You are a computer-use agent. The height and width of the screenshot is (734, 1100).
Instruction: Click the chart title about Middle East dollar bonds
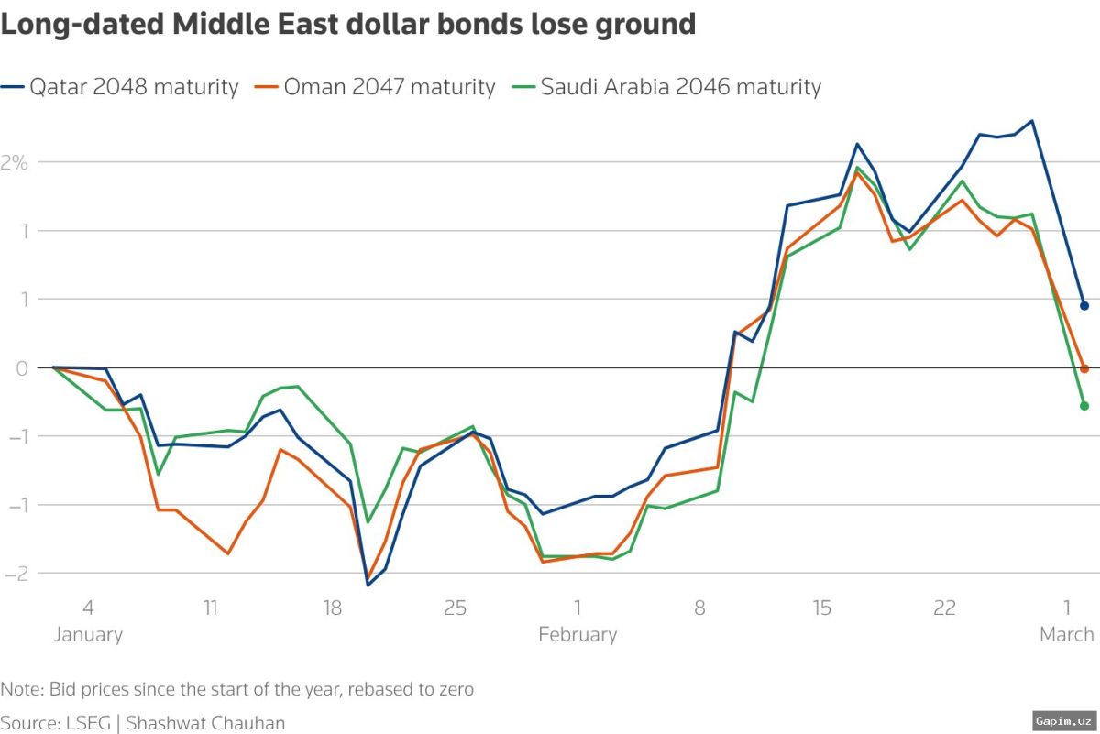click(x=348, y=25)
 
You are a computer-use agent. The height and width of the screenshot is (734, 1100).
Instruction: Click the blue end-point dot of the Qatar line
click(x=1083, y=306)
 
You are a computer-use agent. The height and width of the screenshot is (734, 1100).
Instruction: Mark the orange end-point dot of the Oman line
click(x=1083, y=368)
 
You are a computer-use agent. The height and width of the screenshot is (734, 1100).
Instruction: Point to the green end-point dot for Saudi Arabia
click(x=1083, y=405)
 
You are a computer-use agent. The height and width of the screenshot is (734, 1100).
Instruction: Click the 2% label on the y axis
click(x=16, y=162)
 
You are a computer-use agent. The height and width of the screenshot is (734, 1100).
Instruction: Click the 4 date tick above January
click(x=88, y=608)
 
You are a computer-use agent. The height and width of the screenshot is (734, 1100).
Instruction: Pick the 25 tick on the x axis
click(x=455, y=608)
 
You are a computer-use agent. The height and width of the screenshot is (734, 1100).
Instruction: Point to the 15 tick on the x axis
click(x=821, y=608)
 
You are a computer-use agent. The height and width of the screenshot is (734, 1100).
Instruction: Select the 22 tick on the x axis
click(x=944, y=608)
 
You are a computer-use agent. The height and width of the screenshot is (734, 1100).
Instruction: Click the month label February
click(x=577, y=634)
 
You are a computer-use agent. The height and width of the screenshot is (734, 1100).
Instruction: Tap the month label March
click(x=1066, y=634)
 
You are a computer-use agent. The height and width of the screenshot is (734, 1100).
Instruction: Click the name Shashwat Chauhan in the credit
click(x=205, y=721)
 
